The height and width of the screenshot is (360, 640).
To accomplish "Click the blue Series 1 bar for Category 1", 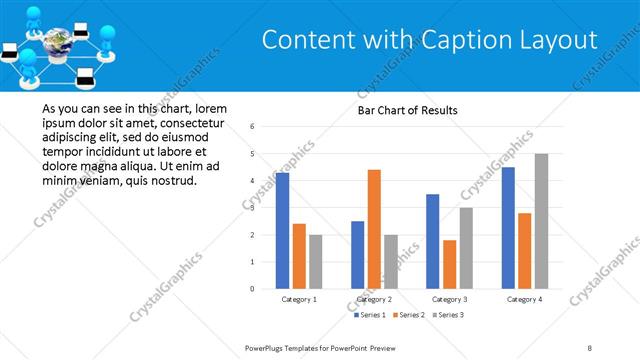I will click(x=282, y=231).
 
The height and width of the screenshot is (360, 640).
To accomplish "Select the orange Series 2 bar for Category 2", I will click(x=374, y=229).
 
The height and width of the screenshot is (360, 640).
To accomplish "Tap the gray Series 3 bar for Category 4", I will click(x=541, y=221).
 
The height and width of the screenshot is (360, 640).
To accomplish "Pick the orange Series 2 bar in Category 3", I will click(x=450, y=264).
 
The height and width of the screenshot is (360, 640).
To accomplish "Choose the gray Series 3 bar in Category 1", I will click(x=316, y=262).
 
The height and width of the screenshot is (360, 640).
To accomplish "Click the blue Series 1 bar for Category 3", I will click(x=432, y=241).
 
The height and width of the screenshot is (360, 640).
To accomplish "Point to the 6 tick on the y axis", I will click(x=253, y=127).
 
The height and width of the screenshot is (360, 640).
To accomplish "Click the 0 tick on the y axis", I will click(x=253, y=289).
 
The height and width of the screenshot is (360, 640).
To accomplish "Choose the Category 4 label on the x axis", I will click(x=525, y=299).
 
